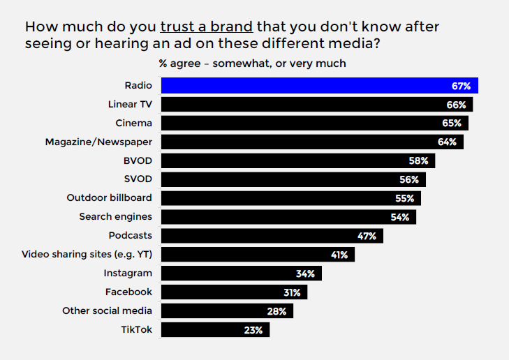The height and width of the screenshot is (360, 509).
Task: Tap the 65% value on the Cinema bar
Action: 452,123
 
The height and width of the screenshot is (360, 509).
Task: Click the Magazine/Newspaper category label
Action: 98,142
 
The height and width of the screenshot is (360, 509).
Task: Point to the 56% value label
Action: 409,179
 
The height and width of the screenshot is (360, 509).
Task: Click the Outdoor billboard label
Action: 109,197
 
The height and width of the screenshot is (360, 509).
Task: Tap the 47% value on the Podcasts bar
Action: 367,236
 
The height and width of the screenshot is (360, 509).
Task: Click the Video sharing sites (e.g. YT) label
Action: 87,254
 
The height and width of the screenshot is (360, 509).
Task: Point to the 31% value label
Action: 292,292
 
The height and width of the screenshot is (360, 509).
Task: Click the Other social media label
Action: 107,310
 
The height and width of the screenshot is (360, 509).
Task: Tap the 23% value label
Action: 253,330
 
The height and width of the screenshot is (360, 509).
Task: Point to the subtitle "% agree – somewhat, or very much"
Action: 252,63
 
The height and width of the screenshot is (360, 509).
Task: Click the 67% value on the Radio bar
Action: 461,87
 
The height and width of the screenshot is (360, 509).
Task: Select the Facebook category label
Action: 128,292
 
